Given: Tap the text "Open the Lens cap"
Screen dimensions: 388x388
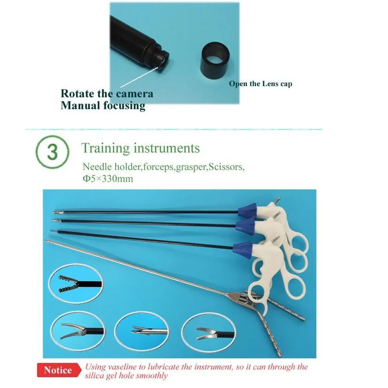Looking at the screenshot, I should (261, 84).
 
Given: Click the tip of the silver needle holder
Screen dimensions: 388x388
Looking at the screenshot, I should (47, 242).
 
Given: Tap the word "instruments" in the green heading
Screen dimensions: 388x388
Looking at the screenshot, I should (167, 148).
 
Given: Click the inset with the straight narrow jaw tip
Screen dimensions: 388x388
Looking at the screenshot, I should (141, 330).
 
